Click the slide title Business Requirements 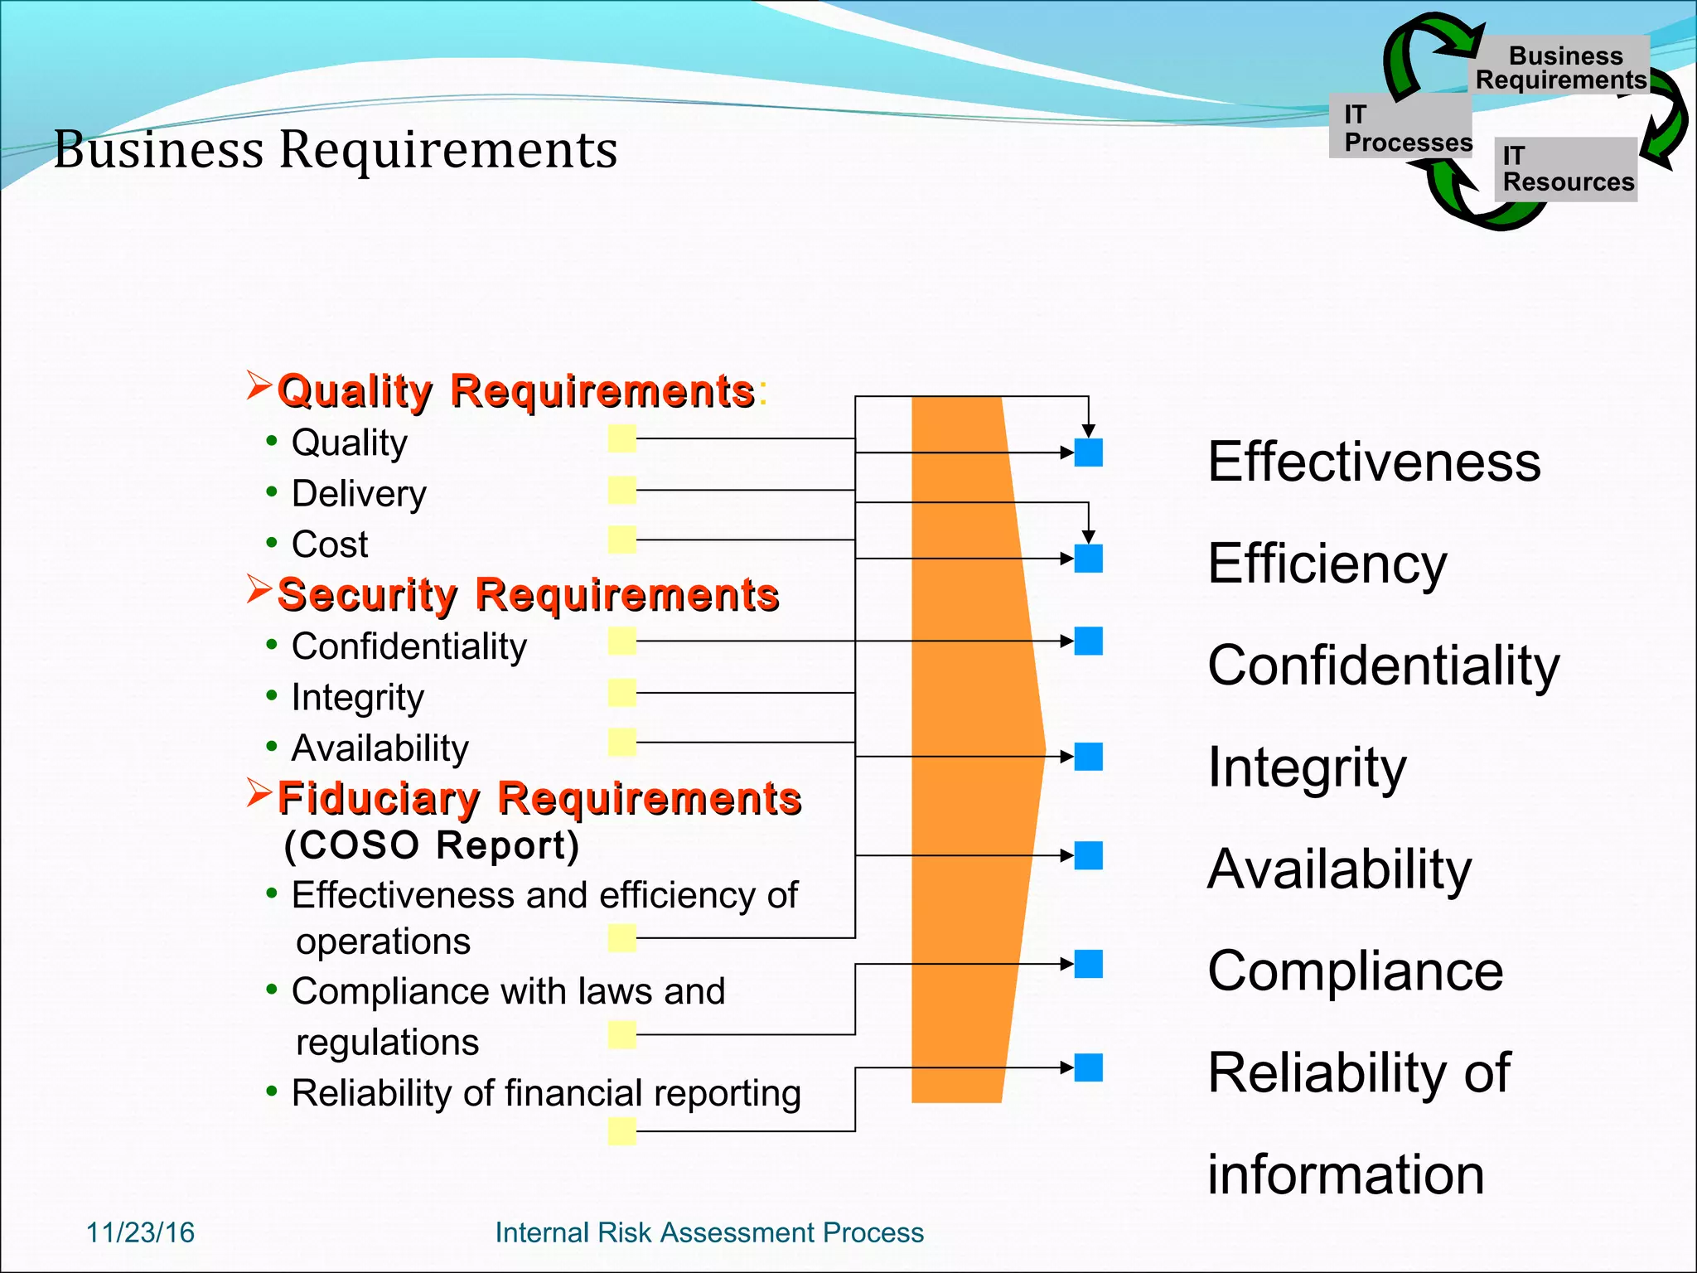pyautogui.click(x=336, y=150)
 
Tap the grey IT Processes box pyautogui.click(x=1400, y=127)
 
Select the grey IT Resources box pyautogui.click(x=1566, y=169)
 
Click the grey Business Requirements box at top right pyautogui.click(x=1562, y=66)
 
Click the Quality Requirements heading pyautogui.click(x=515, y=391)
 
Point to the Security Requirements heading pyautogui.click(x=528, y=595)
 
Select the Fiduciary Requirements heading pyautogui.click(x=539, y=798)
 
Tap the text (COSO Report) pyautogui.click(x=431, y=845)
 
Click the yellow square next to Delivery pyautogui.click(x=621, y=490)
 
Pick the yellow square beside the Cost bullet pyautogui.click(x=621, y=540)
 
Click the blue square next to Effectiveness pyautogui.click(x=1088, y=453)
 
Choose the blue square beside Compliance pyautogui.click(x=1088, y=964)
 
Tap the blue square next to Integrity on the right pyautogui.click(x=1088, y=756)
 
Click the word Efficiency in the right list pyautogui.click(x=1327, y=564)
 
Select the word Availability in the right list pyautogui.click(x=1339, y=869)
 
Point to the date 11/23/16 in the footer pyautogui.click(x=140, y=1232)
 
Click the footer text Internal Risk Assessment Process pyautogui.click(x=708, y=1232)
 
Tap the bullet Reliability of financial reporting pyautogui.click(x=545, y=1093)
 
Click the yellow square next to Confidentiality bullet pyautogui.click(x=621, y=641)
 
